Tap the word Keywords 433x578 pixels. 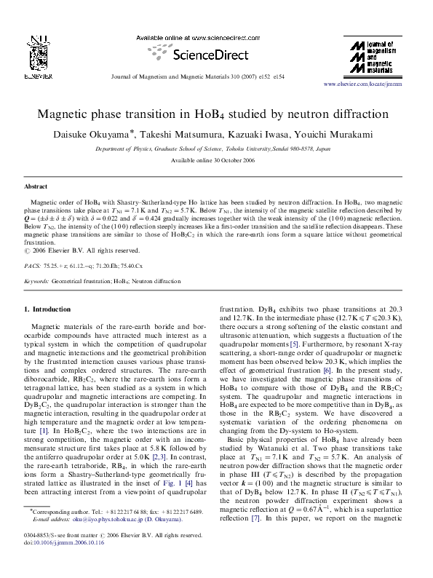36,280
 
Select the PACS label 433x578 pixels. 33,266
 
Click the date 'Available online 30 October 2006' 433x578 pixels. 216,160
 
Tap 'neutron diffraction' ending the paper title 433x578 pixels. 343,114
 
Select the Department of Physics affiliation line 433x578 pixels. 216,148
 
